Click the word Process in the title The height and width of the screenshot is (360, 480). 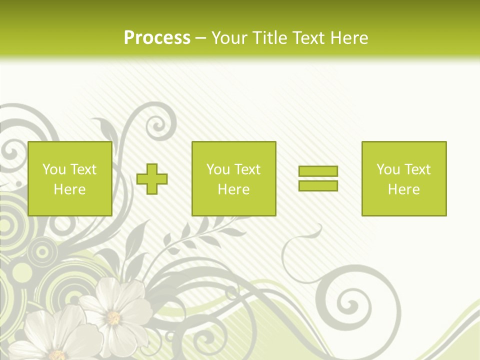click(x=157, y=37)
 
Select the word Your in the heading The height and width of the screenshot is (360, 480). click(x=230, y=37)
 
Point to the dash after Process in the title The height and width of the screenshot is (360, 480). click(x=200, y=38)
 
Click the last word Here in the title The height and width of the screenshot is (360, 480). click(x=349, y=37)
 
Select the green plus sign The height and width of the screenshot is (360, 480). click(x=152, y=179)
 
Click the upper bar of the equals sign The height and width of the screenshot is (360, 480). click(x=318, y=171)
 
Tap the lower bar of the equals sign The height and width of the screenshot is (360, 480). click(x=318, y=185)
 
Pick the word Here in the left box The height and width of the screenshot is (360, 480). click(x=69, y=189)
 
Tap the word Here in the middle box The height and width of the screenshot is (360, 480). click(x=233, y=189)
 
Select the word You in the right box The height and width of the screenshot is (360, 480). click(x=388, y=169)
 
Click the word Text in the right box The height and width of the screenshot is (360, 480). click(x=417, y=169)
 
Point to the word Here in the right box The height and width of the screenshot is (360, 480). click(x=403, y=189)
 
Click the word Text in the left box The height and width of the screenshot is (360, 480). click(x=83, y=169)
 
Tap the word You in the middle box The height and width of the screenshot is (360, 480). click(x=218, y=169)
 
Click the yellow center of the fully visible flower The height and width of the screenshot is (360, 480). click(x=113, y=317)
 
